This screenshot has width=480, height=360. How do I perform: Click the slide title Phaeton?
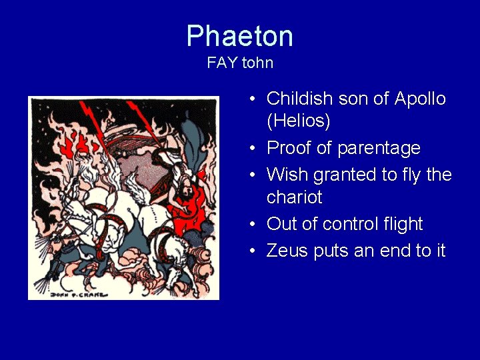point(239,36)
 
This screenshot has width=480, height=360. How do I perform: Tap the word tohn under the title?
point(257,63)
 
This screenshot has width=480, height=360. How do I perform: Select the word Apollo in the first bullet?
point(420,99)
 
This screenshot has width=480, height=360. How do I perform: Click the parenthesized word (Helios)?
point(299,122)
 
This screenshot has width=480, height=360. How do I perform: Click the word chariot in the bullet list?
point(294,198)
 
